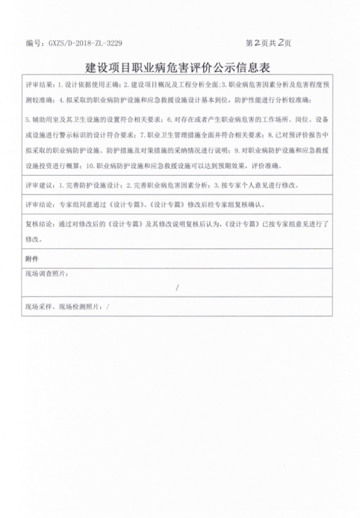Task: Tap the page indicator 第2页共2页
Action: click(x=268, y=43)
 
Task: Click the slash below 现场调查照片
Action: click(x=177, y=288)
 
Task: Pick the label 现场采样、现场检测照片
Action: click(x=63, y=306)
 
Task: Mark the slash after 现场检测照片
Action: click(x=109, y=306)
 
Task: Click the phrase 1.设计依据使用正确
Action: click(x=89, y=84)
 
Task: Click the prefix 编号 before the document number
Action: click(x=33, y=43)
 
